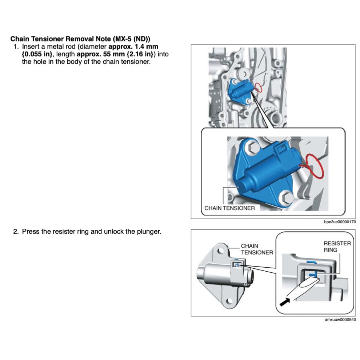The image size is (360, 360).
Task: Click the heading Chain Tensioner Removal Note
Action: pos(80,39)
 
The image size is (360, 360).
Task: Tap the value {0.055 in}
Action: pos(36,54)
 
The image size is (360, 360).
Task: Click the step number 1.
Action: pos(16,47)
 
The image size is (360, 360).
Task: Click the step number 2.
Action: pos(16,232)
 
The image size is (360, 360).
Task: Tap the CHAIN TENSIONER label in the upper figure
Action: pos(229,208)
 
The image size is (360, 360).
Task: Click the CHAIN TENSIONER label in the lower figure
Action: pos(257,249)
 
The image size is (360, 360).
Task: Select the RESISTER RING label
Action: pos(337,247)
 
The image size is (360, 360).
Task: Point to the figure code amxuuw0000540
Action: pos(340,320)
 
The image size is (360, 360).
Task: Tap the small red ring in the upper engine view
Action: pos(258,87)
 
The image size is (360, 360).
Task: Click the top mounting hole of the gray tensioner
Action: pos(220,251)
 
